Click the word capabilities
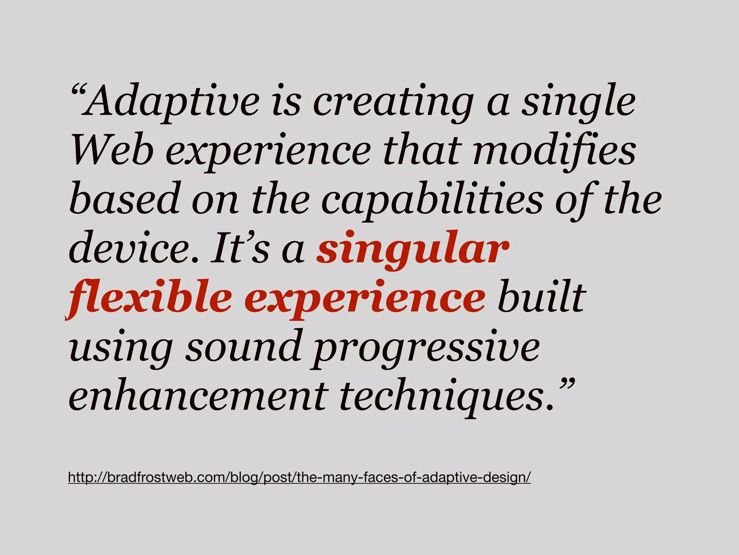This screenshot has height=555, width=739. tap(432, 201)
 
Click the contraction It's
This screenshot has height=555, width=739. tap(240, 249)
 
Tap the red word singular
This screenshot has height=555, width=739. tap(412, 250)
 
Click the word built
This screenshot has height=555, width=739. tap(541, 297)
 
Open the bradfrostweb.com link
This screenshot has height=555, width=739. tap(299, 477)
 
